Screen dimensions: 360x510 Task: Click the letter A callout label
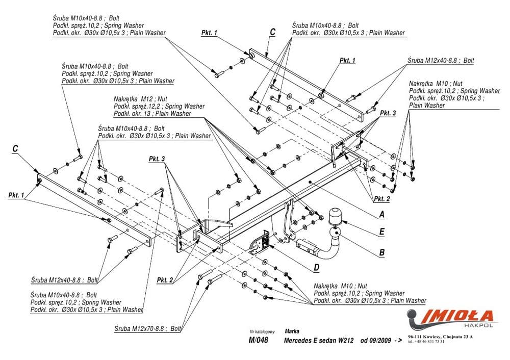pyautogui.click(x=381, y=215)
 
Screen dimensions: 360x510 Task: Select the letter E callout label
pyautogui.click(x=381, y=232)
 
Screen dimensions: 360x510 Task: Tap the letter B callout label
pyautogui.click(x=381, y=251)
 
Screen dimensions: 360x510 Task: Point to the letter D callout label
pyautogui.click(x=316, y=267)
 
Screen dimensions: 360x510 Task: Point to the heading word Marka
pyautogui.click(x=292, y=330)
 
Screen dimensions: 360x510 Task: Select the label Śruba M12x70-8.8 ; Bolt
pyautogui.click(x=148, y=328)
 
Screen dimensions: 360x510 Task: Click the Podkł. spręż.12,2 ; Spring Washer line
pyautogui.click(x=159, y=106)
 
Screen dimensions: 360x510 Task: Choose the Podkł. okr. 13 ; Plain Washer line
pyautogui.click(x=152, y=113)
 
